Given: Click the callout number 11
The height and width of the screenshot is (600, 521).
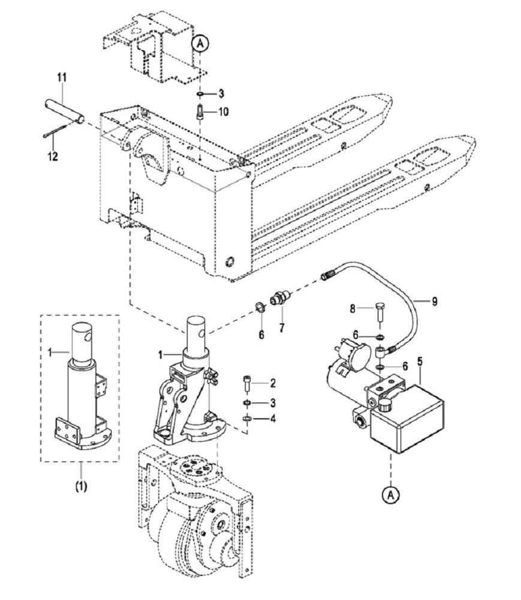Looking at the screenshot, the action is [62, 77].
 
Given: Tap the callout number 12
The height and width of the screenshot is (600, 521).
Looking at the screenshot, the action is [53, 156].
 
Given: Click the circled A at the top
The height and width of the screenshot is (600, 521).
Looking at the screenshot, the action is [201, 44].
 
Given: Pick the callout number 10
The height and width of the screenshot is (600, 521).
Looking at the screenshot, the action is [223, 112].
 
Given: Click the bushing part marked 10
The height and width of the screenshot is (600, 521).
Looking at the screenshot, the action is [200, 112].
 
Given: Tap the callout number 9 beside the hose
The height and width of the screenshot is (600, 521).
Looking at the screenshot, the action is [435, 302].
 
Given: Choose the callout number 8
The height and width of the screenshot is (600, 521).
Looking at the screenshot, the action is [353, 308].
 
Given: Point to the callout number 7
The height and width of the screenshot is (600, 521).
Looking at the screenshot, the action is [282, 328].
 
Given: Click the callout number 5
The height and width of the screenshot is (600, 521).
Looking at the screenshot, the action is [420, 361].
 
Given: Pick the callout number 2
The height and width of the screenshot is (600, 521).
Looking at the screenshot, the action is [273, 383].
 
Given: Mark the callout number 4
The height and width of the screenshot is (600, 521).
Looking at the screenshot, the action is [273, 418].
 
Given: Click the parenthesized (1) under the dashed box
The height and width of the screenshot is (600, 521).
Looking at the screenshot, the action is [81, 486].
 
